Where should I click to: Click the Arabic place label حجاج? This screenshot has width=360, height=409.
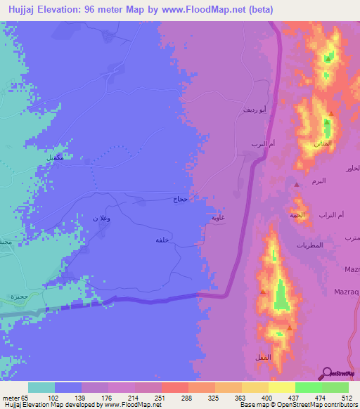coord(180,200)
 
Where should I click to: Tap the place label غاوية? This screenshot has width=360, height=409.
coord(217,218)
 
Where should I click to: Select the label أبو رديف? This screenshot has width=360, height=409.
coord(255,110)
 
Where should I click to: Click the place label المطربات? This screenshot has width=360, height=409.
coord(310,245)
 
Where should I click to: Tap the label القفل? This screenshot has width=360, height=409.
coord(259,358)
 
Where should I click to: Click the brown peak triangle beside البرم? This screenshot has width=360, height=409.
coord(297,184)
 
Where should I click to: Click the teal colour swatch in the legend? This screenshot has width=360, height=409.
coord(41,387)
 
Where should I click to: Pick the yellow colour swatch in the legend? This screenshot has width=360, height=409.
coord(281,387)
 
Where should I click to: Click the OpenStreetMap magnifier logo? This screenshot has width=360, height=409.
coord(327,373)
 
